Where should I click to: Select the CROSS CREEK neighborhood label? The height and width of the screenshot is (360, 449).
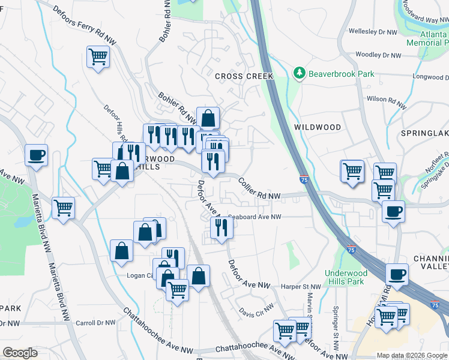pos(244,76)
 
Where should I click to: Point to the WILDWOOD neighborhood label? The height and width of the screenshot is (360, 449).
pos(318,127)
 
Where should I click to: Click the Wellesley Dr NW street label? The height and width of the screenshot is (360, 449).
pos(373,31)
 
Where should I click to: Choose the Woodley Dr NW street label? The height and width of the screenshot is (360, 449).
pos(378,55)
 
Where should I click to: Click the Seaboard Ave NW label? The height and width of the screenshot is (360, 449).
pos(255,217)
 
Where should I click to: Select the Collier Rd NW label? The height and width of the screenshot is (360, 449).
pos(259,188)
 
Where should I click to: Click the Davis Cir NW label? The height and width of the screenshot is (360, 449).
pos(256,313)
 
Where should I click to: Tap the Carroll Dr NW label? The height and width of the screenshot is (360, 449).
pos(95,323)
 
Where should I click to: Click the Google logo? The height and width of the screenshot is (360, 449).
pos(20,353)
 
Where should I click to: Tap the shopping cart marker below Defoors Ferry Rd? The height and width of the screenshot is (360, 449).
pos(98,58)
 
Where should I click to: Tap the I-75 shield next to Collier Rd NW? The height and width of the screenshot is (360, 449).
pos(304,179)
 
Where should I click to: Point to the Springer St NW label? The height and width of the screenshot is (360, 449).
pos(335,329)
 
